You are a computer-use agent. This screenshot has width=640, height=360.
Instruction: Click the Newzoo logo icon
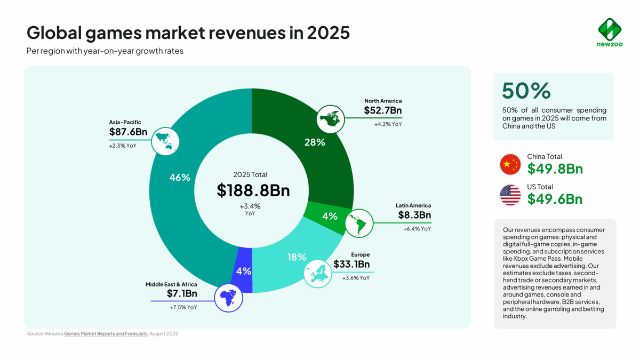click(609, 28)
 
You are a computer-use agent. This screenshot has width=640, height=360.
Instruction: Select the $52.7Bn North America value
click(382, 111)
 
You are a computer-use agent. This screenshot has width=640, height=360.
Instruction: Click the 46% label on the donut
click(180, 178)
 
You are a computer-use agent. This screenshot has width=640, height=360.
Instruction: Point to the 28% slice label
click(315, 142)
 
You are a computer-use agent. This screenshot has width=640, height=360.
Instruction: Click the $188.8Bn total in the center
click(253, 190)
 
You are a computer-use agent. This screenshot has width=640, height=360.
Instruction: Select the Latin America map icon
click(359, 223)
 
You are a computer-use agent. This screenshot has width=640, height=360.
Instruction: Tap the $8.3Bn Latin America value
click(414, 215)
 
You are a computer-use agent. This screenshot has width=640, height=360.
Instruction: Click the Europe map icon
click(318, 273)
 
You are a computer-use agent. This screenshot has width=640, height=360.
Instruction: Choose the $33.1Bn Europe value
click(351, 265)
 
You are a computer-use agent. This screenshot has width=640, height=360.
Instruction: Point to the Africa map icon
click(228, 298)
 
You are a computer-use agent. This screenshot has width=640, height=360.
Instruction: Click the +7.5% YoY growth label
click(183, 307)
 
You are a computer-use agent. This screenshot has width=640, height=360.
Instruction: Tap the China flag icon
click(510, 164)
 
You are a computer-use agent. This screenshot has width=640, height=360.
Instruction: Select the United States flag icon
click(510, 195)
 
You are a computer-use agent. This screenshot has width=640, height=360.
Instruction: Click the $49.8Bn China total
click(555, 169)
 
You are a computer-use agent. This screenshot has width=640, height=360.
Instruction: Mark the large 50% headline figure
click(526, 91)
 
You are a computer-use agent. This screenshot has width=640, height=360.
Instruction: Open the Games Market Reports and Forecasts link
click(106, 334)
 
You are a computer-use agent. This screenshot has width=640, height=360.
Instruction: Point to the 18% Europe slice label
click(297, 257)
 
